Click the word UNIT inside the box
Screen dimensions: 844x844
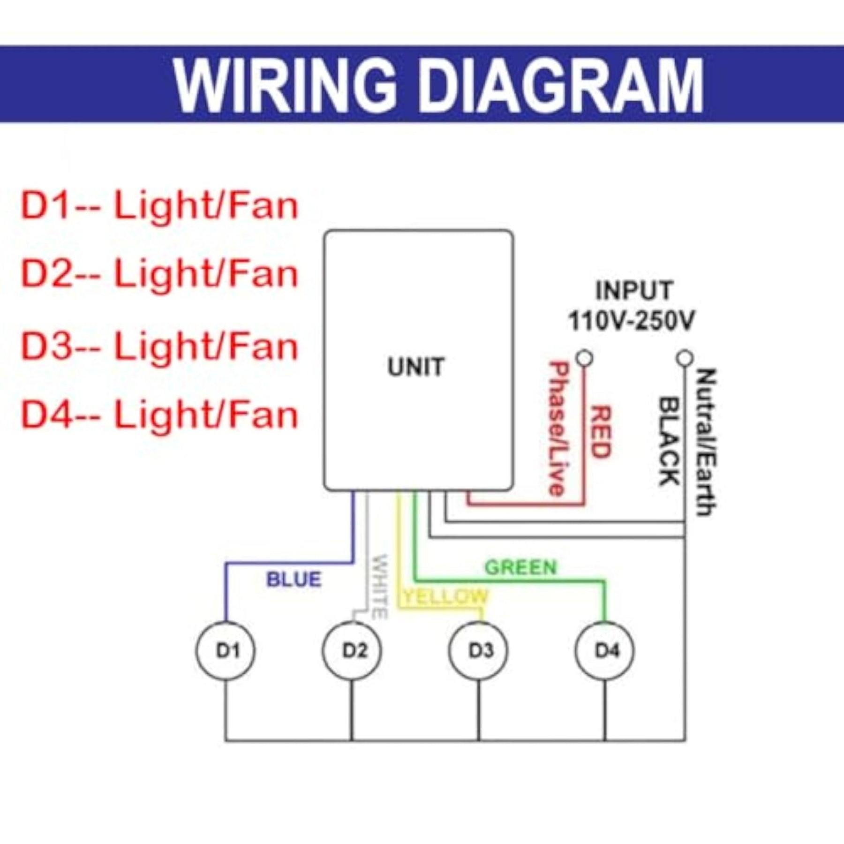click(x=415, y=367)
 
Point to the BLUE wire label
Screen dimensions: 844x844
click(x=294, y=580)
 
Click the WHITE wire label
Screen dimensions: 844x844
click(x=380, y=586)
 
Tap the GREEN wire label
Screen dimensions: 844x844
click(x=520, y=567)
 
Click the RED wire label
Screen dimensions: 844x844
click(x=600, y=432)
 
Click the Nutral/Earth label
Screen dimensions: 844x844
click(x=706, y=442)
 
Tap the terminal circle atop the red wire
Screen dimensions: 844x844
click(x=584, y=358)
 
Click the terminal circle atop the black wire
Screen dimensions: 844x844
click(x=685, y=358)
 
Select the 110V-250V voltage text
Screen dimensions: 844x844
click(x=632, y=321)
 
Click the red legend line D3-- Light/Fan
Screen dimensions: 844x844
click(x=160, y=347)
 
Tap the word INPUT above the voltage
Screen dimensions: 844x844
click(x=634, y=290)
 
